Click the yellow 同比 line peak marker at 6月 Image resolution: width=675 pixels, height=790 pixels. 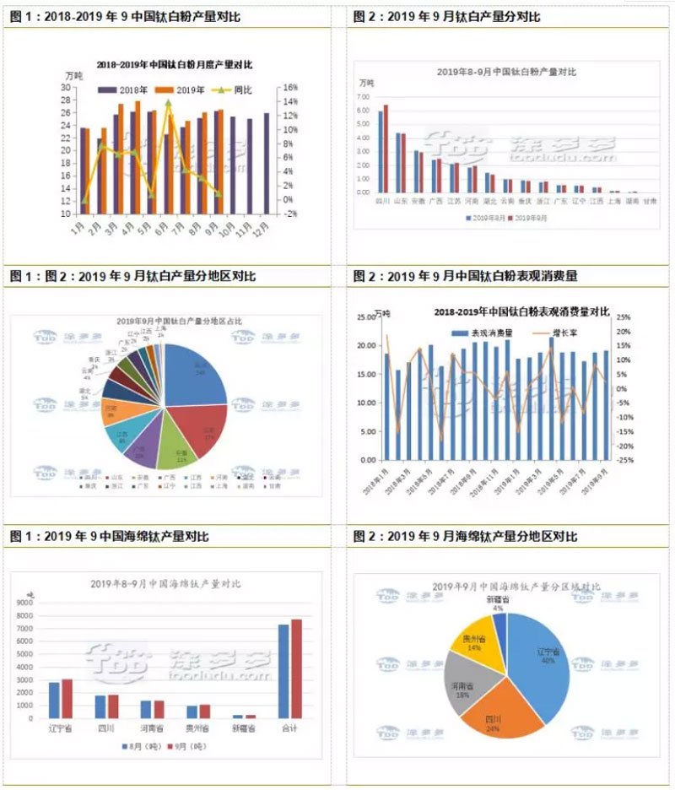coord(168,102)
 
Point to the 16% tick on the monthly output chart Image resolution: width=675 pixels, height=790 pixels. coord(289,87)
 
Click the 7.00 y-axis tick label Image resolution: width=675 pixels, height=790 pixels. coord(364,97)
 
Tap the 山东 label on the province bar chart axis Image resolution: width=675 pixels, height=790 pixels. coord(400,203)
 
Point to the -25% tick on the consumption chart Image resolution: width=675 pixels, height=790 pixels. coord(623,461)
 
